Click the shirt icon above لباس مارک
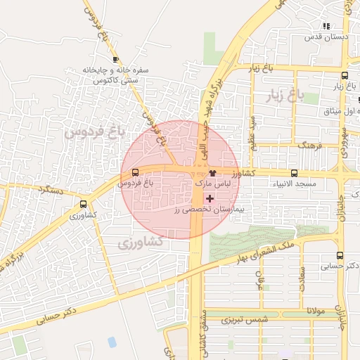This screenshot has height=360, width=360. (x=213, y=173)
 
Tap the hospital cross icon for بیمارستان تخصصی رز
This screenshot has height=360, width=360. (x=210, y=199)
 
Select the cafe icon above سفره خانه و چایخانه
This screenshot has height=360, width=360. (x=115, y=60)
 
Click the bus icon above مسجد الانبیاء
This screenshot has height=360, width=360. (x=294, y=173)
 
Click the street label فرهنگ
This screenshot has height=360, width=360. (x=309, y=146)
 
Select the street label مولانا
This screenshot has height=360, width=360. (x=314, y=310)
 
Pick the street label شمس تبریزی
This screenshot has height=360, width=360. (x=245, y=320)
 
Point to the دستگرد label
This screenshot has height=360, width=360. (x=53, y=190)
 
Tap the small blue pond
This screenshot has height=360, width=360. (x=112, y=342)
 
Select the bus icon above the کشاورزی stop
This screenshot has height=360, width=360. (x=84, y=206)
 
